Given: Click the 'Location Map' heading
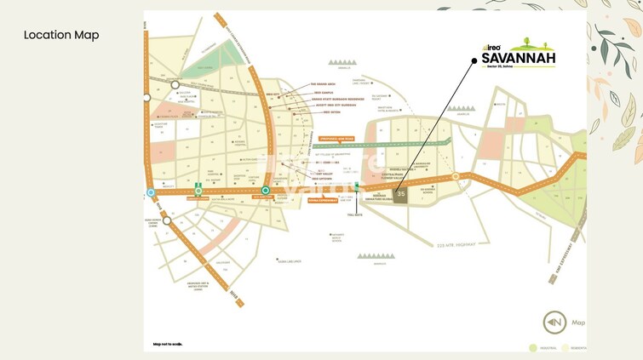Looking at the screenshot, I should click(61, 35).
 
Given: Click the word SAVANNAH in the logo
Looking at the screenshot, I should click(518, 58).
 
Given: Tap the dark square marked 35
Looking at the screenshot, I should click(401, 194).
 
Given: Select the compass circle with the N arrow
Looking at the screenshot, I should click(555, 323).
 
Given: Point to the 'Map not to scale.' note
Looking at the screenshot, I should click(167, 344).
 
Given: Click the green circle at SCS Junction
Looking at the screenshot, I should click(266, 191).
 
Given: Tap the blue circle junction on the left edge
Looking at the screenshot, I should click(151, 192).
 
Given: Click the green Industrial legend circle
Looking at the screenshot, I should click(532, 347).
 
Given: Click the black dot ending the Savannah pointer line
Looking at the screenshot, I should click(474, 60).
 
